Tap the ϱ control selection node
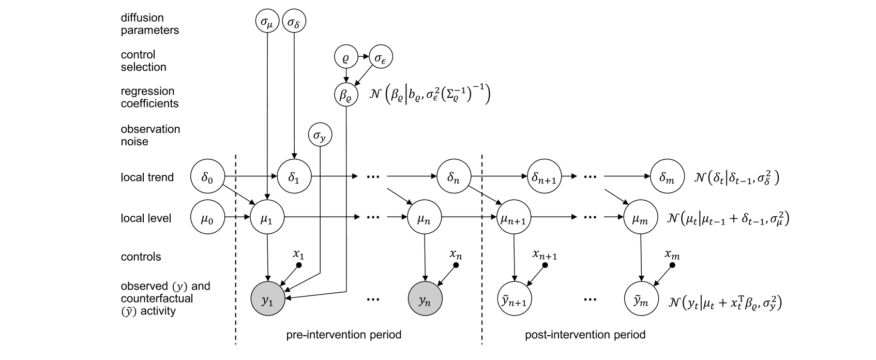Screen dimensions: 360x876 (x=346, y=58)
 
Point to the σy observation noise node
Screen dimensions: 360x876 (x=320, y=136)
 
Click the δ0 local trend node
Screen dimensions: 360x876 (x=208, y=177)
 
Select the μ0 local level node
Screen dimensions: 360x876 (x=208, y=218)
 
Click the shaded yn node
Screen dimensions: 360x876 (x=425, y=301)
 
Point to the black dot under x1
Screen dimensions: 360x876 (x=299, y=265)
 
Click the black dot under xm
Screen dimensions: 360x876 (x=672, y=265)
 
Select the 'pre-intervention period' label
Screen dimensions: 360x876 (x=343, y=335)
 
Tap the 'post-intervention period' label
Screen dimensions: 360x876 (x=585, y=335)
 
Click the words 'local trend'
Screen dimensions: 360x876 (x=147, y=177)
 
